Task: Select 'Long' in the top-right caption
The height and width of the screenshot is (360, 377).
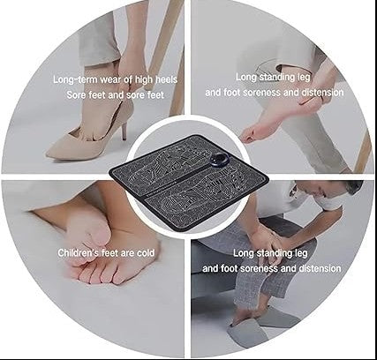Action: coord(249,78)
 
